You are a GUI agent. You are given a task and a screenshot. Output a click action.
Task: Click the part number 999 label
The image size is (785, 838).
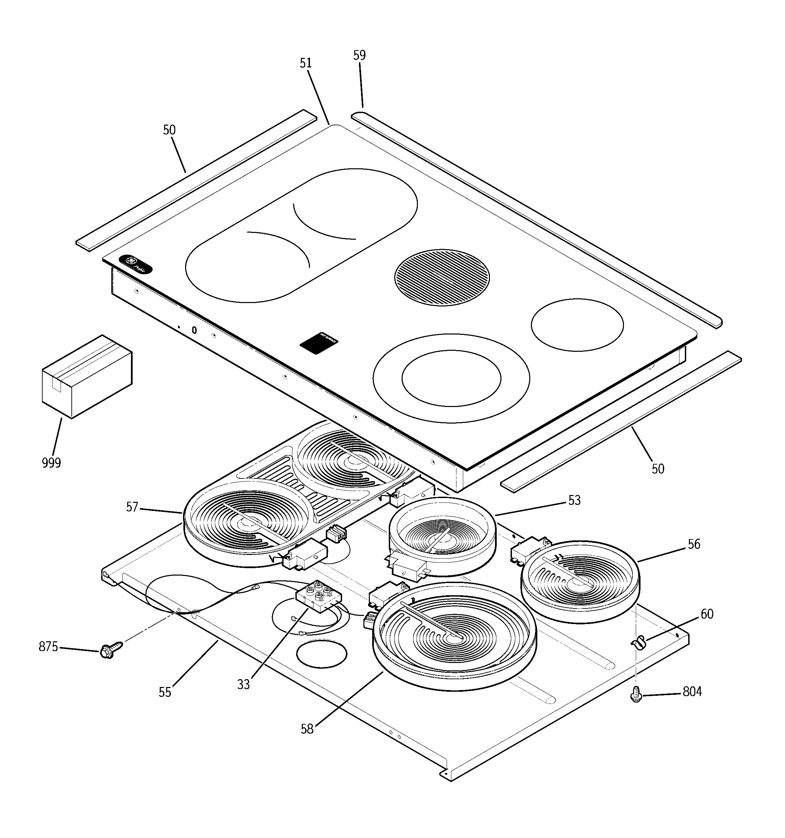pyautogui.click(x=51, y=463)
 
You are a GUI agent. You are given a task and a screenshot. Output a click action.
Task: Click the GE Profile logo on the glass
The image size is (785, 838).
pyautogui.click(x=136, y=265)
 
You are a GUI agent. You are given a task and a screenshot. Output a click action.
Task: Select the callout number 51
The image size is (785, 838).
pyautogui.click(x=306, y=63)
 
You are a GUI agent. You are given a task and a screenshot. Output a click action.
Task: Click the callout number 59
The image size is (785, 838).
pyautogui.click(x=359, y=55)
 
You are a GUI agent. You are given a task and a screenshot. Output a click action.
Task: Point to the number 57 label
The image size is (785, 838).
pyautogui.click(x=132, y=507)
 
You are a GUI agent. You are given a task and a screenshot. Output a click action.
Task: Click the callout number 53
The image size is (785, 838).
pyautogui.click(x=574, y=500)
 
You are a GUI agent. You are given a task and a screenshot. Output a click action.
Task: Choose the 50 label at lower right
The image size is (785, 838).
pyautogui.click(x=658, y=469)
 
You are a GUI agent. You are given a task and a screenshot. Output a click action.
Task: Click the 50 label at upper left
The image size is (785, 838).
pyautogui.click(x=170, y=130)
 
